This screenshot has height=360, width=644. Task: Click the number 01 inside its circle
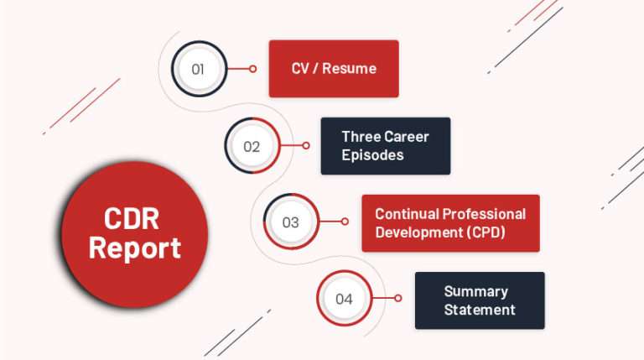click(198, 70)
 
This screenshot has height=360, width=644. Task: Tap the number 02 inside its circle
click(252, 146)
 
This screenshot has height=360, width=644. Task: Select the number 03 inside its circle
click(290, 222)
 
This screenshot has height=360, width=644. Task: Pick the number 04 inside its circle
click(344, 299)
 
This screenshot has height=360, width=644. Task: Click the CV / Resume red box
click(334, 69)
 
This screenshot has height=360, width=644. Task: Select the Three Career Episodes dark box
click(385, 146)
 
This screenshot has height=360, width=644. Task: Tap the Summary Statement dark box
click(480, 300)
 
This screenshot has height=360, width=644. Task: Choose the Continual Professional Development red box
click(450, 223)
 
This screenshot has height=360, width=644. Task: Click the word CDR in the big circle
click(135, 220)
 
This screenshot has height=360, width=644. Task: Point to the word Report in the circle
click(135, 248)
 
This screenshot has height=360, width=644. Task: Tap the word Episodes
click(372, 155)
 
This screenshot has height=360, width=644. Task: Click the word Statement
click(480, 310)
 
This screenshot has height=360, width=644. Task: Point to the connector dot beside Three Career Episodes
click(306, 146)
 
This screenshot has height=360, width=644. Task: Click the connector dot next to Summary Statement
click(398, 299)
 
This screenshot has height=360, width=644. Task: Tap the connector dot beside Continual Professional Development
click(345, 222)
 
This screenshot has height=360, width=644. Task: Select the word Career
click(406, 137)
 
